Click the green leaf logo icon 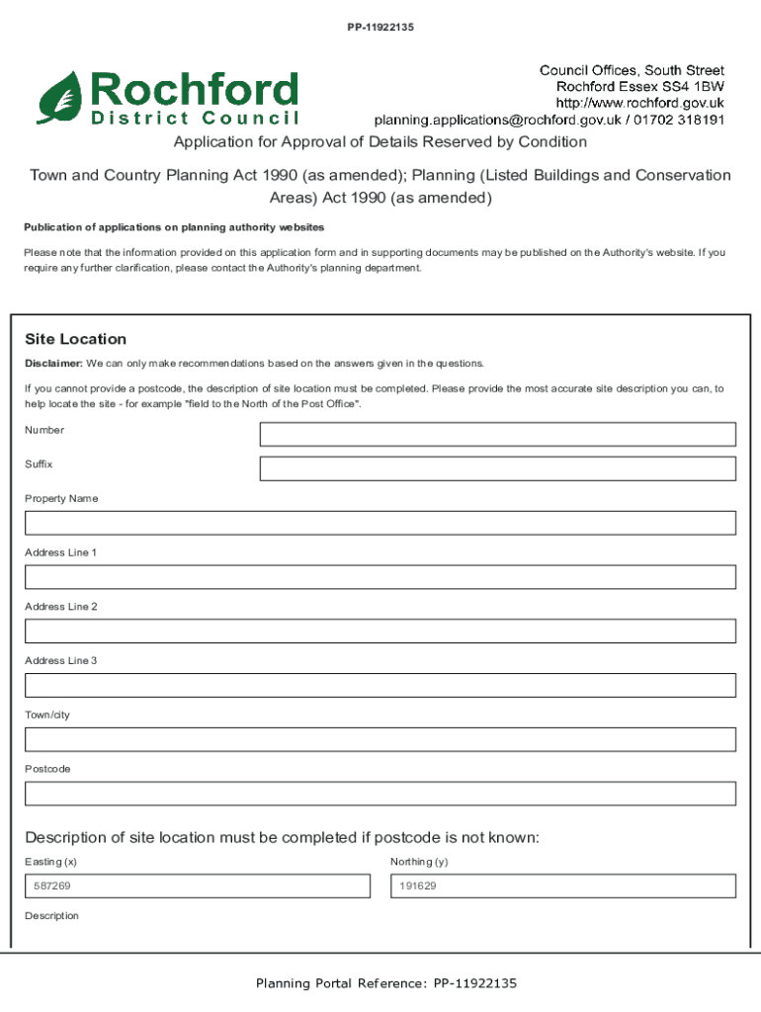coord(60,98)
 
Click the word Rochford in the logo coord(194,90)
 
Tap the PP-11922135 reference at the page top coord(380,28)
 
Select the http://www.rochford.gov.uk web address coord(639,103)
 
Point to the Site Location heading coord(75,339)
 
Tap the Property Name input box coord(380,523)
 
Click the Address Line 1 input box coord(380,577)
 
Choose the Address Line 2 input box coord(380,631)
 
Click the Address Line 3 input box coord(380,685)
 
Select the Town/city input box coord(380,739)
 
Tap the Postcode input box coord(380,794)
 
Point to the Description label coord(51,916)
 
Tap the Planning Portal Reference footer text coord(386,983)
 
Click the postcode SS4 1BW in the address coord(695,86)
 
